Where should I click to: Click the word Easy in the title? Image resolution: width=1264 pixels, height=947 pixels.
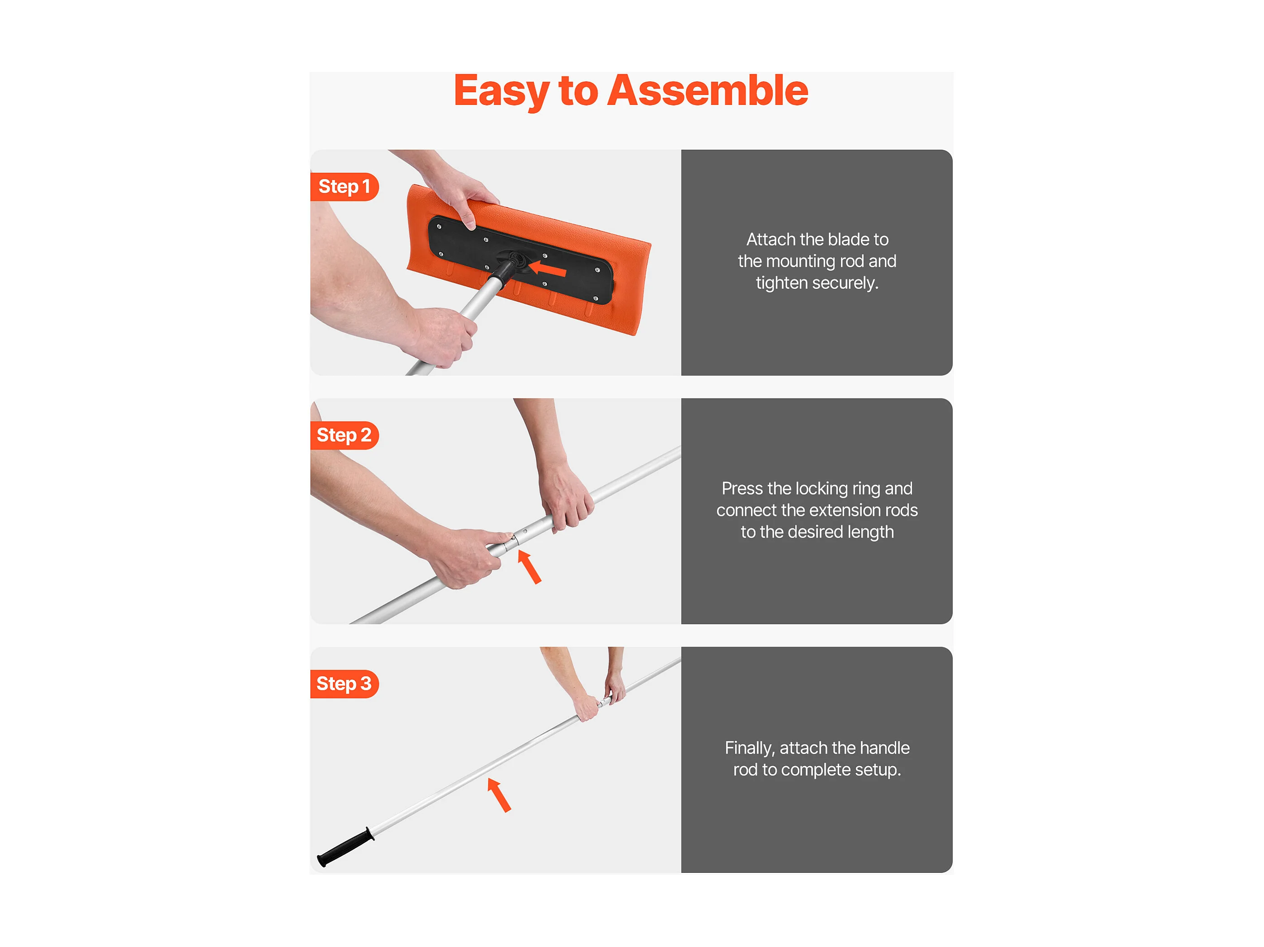(501, 91)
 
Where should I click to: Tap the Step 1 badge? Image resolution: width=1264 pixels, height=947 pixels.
(344, 187)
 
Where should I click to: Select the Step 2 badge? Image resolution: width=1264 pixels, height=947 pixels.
(344, 435)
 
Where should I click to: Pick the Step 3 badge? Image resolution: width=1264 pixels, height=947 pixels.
(344, 684)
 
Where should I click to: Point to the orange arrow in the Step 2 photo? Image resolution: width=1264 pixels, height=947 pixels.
(529, 567)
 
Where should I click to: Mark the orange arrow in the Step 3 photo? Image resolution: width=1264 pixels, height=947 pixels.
(499, 795)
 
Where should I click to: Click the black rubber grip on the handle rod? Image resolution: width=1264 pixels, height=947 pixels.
(346, 847)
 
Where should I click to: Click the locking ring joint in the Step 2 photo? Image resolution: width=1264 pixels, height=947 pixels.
(512, 540)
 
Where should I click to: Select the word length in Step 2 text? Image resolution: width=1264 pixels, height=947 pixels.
(870, 532)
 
